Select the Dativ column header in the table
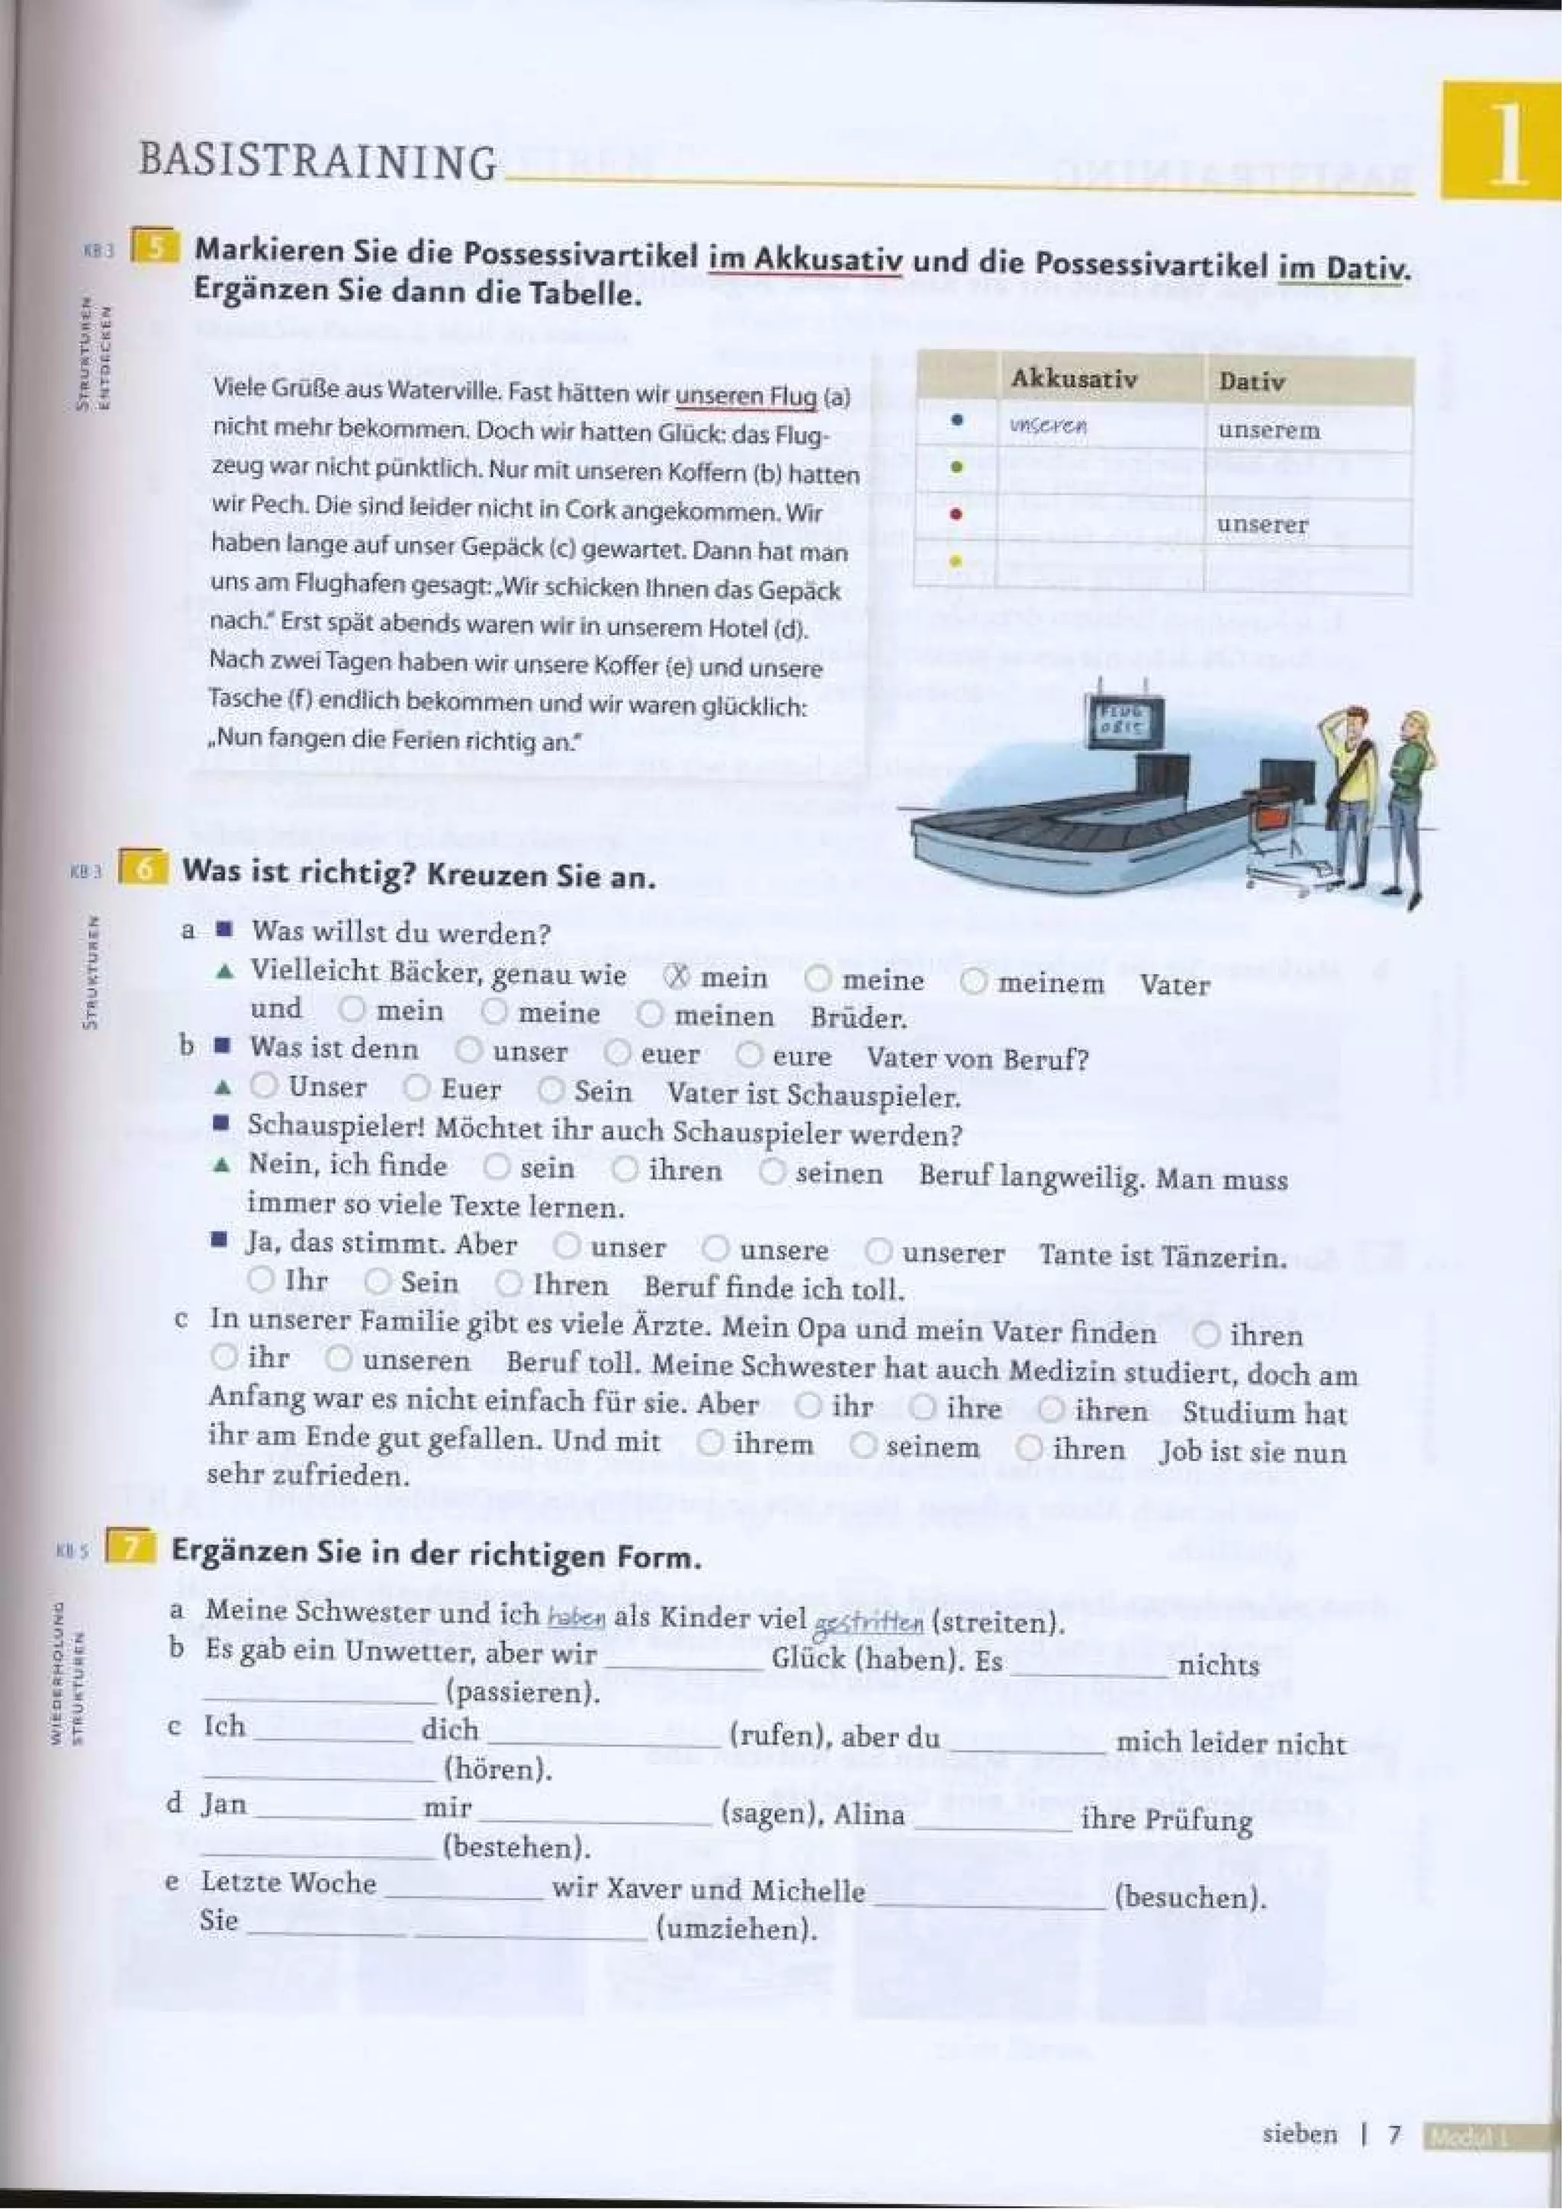coord(1251,381)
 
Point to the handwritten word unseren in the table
coord(1048,426)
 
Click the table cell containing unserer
coord(1261,524)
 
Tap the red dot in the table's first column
coord(956,514)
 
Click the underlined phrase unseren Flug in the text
coord(746,396)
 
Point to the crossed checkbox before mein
coord(677,976)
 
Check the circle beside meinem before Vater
coord(974,981)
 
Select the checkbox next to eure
coord(749,1054)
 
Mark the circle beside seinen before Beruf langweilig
coord(772,1171)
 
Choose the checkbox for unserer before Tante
coord(878,1251)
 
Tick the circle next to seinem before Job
coord(863,1444)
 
